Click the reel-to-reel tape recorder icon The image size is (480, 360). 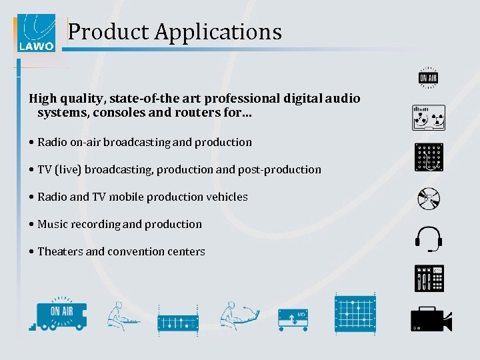pyautogui.click(x=428, y=118)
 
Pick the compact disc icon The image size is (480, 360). pyautogui.click(x=428, y=199)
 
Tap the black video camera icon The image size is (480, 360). pyautogui.click(x=430, y=319)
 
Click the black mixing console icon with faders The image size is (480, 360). pyautogui.click(x=428, y=278)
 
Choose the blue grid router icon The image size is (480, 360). pyautogui.click(x=354, y=313)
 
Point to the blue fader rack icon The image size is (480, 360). pyautogui.click(x=178, y=321)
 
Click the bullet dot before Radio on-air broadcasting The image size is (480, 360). pyautogui.click(x=32, y=143)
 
